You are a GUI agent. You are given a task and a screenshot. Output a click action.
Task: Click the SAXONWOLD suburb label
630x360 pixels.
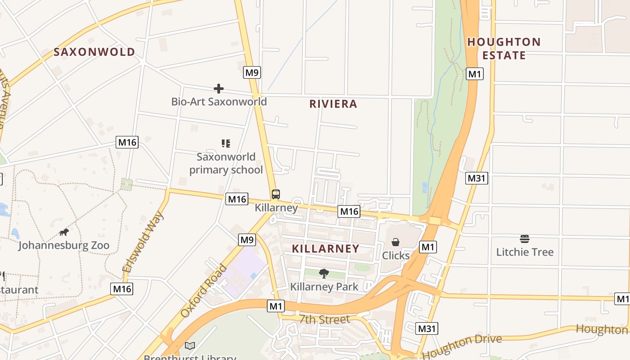click(94, 52)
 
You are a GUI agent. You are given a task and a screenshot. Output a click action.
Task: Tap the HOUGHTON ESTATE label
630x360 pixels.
click(504, 49)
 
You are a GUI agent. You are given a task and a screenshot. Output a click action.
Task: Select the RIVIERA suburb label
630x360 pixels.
click(333, 104)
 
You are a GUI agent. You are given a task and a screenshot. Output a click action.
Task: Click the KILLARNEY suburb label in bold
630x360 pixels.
click(325, 248)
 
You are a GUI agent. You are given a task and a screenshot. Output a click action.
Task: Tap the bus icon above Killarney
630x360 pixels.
click(276, 194)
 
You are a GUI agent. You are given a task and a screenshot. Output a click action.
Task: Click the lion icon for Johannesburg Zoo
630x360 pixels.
click(64, 232)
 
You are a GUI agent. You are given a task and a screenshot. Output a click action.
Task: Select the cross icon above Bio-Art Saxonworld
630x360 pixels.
click(219, 88)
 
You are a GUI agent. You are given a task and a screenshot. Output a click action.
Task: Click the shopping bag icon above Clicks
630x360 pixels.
click(396, 242)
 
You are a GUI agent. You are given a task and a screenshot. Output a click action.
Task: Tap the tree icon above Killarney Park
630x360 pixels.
click(324, 273)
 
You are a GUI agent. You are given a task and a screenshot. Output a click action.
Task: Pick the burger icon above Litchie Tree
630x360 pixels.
click(524, 238)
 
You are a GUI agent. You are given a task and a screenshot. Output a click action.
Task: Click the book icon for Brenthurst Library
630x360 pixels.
click(190, 346)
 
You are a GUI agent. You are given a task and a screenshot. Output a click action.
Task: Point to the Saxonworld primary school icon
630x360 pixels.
click(226, 144)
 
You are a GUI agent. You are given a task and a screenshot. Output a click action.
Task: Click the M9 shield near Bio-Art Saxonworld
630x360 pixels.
click(252, 72)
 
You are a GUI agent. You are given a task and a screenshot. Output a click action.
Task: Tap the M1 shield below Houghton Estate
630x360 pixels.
click(474, 74)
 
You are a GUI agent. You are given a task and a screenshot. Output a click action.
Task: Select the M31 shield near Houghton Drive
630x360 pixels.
click(427, 328)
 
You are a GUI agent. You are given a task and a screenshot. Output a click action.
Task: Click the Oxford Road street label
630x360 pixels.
click(204, 291)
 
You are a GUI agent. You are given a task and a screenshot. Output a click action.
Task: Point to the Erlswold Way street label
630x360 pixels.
click(143, 242)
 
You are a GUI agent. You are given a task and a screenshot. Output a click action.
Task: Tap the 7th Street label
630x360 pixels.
click(324, 319)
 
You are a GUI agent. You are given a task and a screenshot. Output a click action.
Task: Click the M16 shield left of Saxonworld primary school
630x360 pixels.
click(127, 142)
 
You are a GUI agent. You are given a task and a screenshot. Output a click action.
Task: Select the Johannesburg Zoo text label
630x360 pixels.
click(64, 246)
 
